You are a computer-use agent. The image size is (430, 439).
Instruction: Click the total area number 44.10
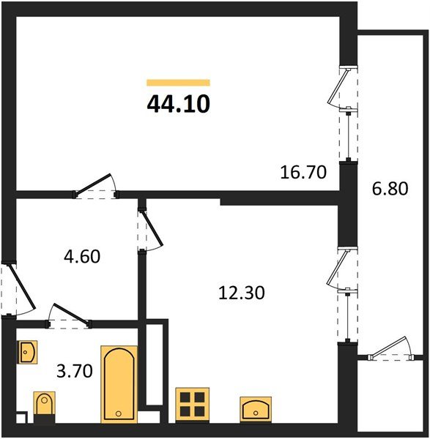pos(178,104)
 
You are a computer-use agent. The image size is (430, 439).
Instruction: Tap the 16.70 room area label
pos(303,172)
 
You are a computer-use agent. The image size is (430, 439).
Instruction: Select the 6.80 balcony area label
pos(390,189)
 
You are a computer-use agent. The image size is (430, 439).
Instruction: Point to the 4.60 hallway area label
pos(82,257)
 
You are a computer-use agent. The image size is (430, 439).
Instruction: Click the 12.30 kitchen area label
pos(241,293)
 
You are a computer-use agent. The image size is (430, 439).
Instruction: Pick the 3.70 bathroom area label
pos(75,371)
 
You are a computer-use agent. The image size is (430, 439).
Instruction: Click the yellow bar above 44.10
pos(178,82)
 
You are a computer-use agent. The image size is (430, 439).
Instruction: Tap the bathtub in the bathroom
pos(119,384)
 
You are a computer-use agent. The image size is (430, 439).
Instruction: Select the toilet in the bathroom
pos(44,407)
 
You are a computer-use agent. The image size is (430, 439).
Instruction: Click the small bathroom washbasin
pos(28,352)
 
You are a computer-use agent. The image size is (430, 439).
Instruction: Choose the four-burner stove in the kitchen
pos(193,405)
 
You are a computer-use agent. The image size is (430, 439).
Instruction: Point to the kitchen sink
pos(256,409)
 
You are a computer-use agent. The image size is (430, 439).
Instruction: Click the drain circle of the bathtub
pos(119,413)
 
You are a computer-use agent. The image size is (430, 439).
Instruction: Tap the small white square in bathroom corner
pos(21,419)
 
